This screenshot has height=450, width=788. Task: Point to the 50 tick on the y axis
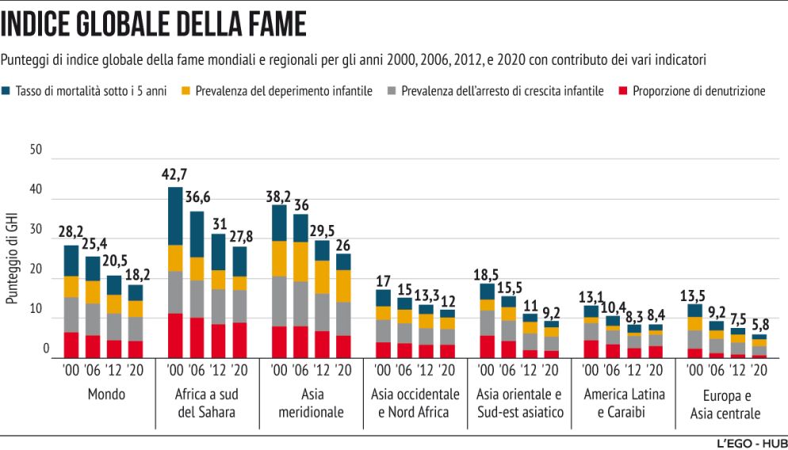pyautogui.click(x=34, y=150)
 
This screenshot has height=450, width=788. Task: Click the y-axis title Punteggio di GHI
pyautogui.click(x=12, y=258)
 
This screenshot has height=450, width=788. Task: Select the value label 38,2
pyautogui.click(x=279, y=195)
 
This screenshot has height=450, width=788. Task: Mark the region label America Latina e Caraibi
pyautogui.click(x=623, y=402)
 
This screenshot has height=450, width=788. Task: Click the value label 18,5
pyautogui.click(x=487, y=273)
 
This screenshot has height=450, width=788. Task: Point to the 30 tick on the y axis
pyautogui.click(x=34, y=230)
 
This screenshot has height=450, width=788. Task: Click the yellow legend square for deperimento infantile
pyautogui.click(x=187, y=91)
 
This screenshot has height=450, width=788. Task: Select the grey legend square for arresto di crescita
pyautogui.click(x=391, y=91)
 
